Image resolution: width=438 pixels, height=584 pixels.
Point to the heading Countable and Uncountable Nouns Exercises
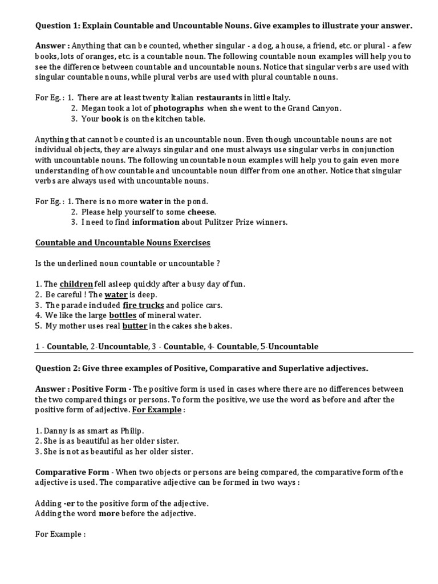[123, 243]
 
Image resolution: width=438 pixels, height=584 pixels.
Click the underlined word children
[76, 284]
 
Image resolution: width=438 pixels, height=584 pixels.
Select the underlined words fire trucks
[143, 305]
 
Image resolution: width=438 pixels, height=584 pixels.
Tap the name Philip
[130, 431]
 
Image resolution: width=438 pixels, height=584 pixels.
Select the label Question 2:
[58, 368]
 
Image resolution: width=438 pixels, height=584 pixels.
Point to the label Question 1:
[58, 26]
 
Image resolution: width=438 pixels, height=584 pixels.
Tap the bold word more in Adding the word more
[110, 514]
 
